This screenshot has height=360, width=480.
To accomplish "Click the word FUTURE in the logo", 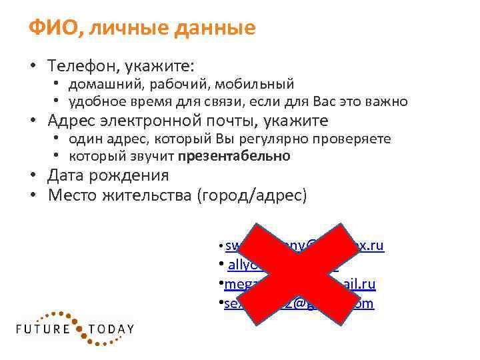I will click(x=44, y=329).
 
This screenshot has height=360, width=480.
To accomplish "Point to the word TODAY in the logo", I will click(x=111, y=329).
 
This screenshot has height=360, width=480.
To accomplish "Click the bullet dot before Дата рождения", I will click(x=32, y=176).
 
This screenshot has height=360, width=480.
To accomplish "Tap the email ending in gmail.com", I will click(x=299, y=304).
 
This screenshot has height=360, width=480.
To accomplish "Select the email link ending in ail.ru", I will click(x=299, y=285).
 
